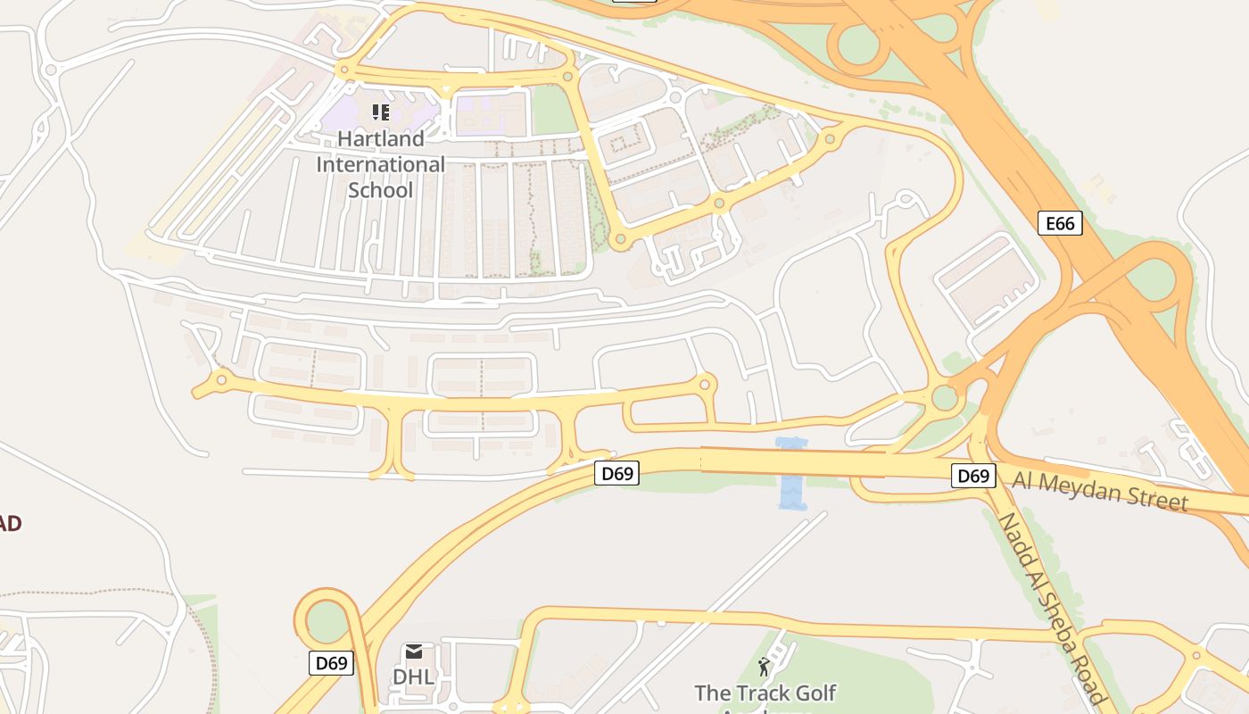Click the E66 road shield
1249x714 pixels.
pos(1060,223)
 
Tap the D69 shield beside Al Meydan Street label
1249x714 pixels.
pos(972,476)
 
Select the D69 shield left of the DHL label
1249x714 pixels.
pos(331,663)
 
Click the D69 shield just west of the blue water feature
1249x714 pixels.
pos(617,473)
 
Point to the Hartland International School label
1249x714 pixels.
pos(381,165)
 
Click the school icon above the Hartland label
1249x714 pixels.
pos(381,112)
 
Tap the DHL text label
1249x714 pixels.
pos(413,677)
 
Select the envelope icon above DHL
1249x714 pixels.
pos(414,652)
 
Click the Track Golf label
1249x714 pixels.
pos(765,693)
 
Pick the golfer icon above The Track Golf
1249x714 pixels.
pos(764,666)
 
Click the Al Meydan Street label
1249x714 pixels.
pos(1100,491)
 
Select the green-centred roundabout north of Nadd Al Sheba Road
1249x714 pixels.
pos(944,397)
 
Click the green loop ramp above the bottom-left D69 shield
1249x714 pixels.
pos(327,621)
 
